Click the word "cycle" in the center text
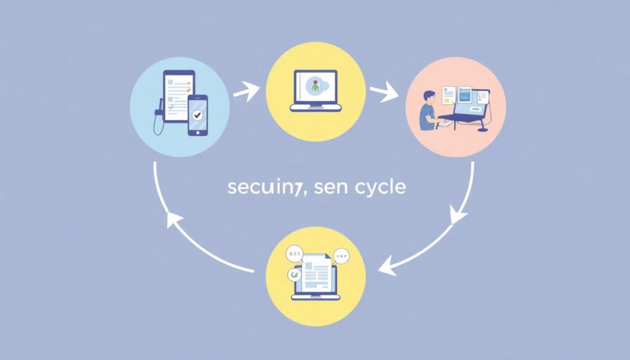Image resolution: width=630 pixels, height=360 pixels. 380,187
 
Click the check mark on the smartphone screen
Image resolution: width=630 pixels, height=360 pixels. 197,114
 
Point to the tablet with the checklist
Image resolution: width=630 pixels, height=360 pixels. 178,95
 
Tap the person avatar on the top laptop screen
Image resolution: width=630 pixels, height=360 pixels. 316,86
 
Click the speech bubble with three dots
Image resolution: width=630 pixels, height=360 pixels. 341,254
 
